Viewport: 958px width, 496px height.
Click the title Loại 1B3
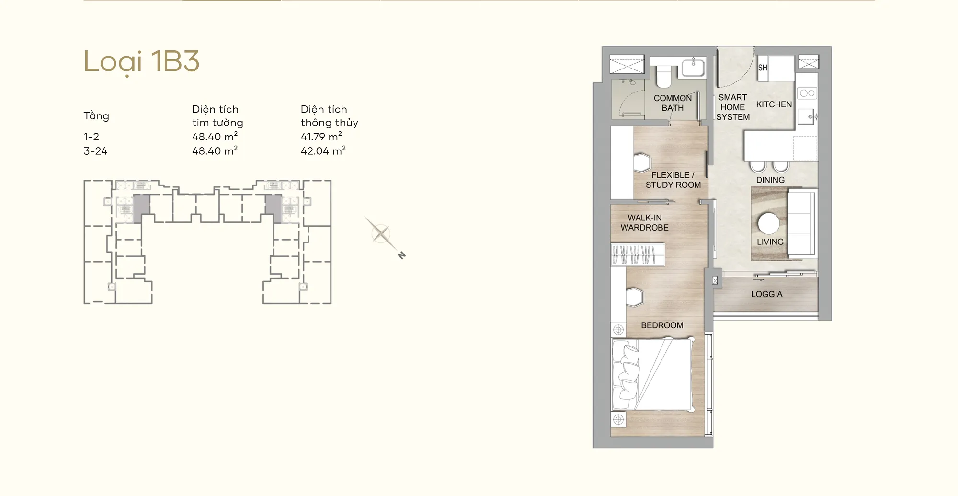coord(141,62)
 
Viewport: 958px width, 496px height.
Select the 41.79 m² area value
coord(321,137)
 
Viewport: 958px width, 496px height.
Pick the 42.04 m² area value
coord(323,151)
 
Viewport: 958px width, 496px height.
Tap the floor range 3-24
coord(95,151)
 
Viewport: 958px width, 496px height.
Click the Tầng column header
coord(96,116)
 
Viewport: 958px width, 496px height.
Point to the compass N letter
coord(402,255)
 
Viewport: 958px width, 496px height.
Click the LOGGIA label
coord(767,294)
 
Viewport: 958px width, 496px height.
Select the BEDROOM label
coord(662,325)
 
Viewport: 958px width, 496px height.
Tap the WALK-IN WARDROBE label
coord(645,223)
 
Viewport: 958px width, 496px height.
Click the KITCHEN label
coord(774,104)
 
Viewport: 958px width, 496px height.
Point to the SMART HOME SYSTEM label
coord(733,107)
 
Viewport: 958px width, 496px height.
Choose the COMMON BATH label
coord(673,103)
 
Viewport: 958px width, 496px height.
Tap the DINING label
coord(770,180)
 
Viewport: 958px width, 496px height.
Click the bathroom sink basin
coord(693,67)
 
